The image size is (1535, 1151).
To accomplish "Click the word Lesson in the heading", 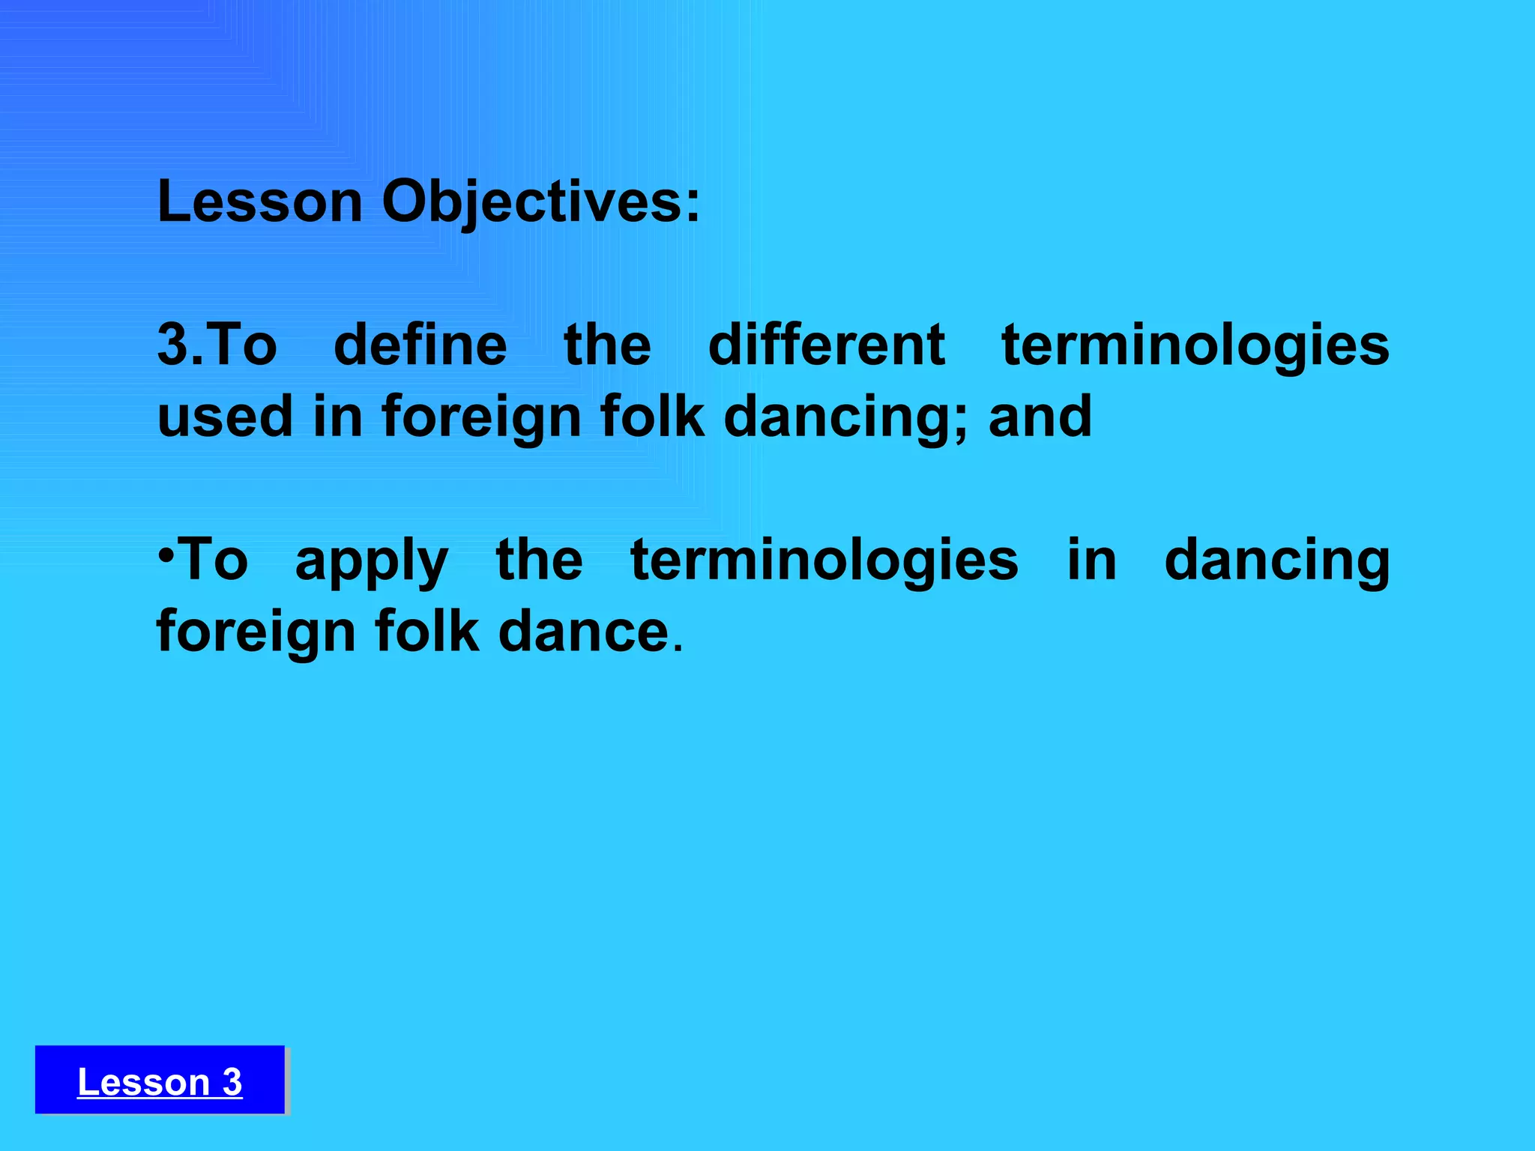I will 259,202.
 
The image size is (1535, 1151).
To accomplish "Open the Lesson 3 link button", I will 160,1081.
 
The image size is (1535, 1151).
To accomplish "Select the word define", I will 420,345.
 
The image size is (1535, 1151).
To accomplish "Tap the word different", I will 826,345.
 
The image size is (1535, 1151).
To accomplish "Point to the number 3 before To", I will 172,345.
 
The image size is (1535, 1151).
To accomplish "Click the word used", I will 225,417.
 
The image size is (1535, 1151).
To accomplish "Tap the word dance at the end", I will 583,632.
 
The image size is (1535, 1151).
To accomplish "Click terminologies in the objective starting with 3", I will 1195,345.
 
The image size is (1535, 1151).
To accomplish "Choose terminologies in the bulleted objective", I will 824,561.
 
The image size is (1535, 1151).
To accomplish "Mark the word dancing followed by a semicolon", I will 841,417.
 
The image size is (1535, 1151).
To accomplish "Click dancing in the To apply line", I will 1277,561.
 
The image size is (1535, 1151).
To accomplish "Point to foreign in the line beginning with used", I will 481,417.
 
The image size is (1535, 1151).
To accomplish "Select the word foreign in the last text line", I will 255,632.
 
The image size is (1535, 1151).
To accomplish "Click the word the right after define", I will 607,345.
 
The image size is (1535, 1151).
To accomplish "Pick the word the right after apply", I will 539,561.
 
